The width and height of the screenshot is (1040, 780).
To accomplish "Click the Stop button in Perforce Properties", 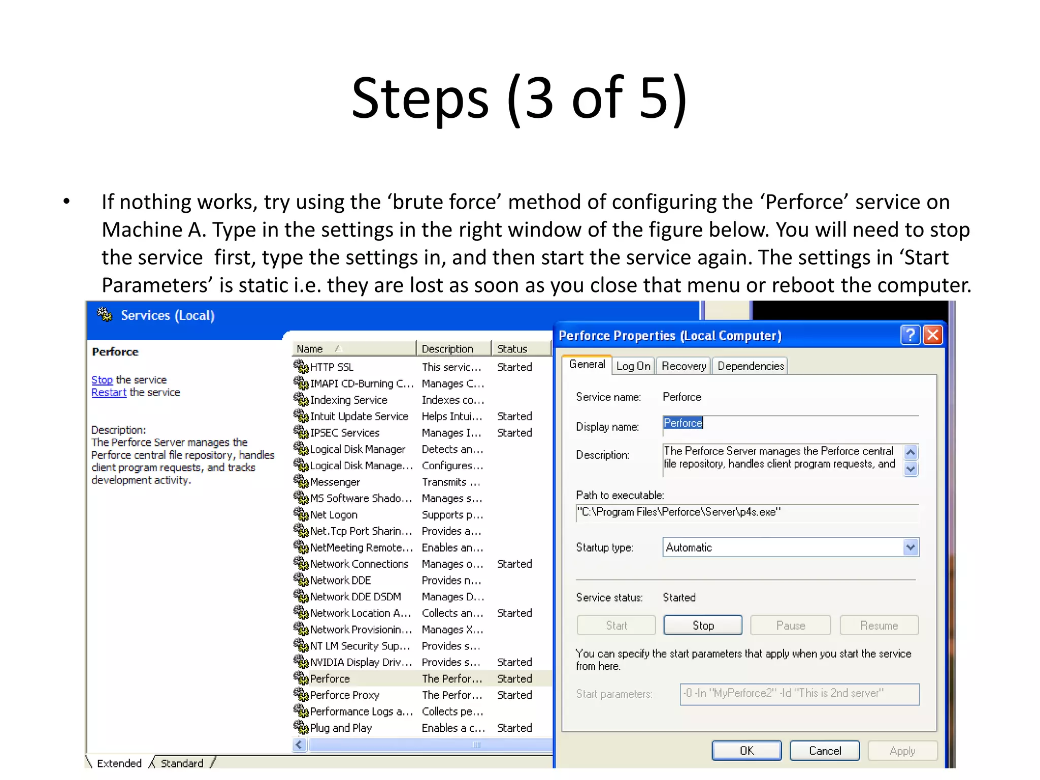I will (x=702, y=626).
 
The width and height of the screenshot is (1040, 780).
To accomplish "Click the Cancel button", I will (x=825, y=751).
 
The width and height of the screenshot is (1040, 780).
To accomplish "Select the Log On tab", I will (x=633, y=366).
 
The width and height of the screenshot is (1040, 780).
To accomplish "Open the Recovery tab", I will (x=684, y=366).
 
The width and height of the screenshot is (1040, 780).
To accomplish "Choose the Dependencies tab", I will (x=751, y=366).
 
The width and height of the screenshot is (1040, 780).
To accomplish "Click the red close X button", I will (x=933, y=335).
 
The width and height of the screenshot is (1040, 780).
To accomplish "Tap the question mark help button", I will (x=910, y=335).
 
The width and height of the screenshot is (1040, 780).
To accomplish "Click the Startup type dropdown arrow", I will (x=911, y=547).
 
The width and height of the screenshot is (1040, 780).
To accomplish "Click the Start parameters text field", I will (x=799, y=694).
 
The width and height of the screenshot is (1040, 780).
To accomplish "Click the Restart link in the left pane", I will (x=109, y=393).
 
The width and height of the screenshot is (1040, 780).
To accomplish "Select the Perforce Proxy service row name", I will (x=344, y=695).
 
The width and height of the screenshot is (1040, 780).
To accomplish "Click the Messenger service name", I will (x=335, y=482).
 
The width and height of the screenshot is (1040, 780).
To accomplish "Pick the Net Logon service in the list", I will (x=334, y=515).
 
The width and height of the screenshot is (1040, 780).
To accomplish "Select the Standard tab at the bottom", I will (x=182, y=763).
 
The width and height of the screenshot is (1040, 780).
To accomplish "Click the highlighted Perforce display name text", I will (x=683, y=423).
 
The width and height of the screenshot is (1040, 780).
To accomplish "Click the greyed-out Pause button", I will (x=790, y=626).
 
